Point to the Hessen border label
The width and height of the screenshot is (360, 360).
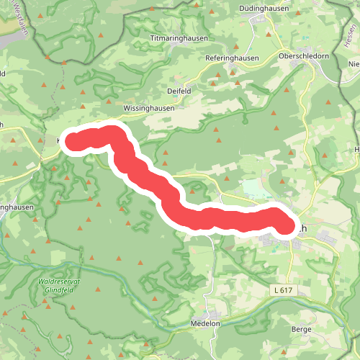point(350,35)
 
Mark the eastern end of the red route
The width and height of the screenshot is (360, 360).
point(286,225)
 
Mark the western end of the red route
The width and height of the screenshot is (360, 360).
point(74,140)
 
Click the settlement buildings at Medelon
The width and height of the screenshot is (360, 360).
point(214,315)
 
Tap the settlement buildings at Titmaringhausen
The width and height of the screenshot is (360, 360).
point(189,45)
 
